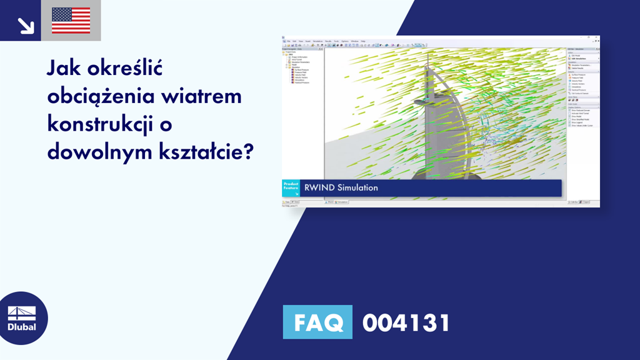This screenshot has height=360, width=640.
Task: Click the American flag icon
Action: [x=71, y=20]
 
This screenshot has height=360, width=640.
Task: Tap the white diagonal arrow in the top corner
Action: [x=26, y=24]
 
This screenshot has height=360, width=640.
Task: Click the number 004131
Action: [x=406, y=323]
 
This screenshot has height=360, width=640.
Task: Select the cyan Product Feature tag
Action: [x=291, y=188]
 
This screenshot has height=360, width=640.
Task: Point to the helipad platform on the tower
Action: [x=424, y=100]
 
